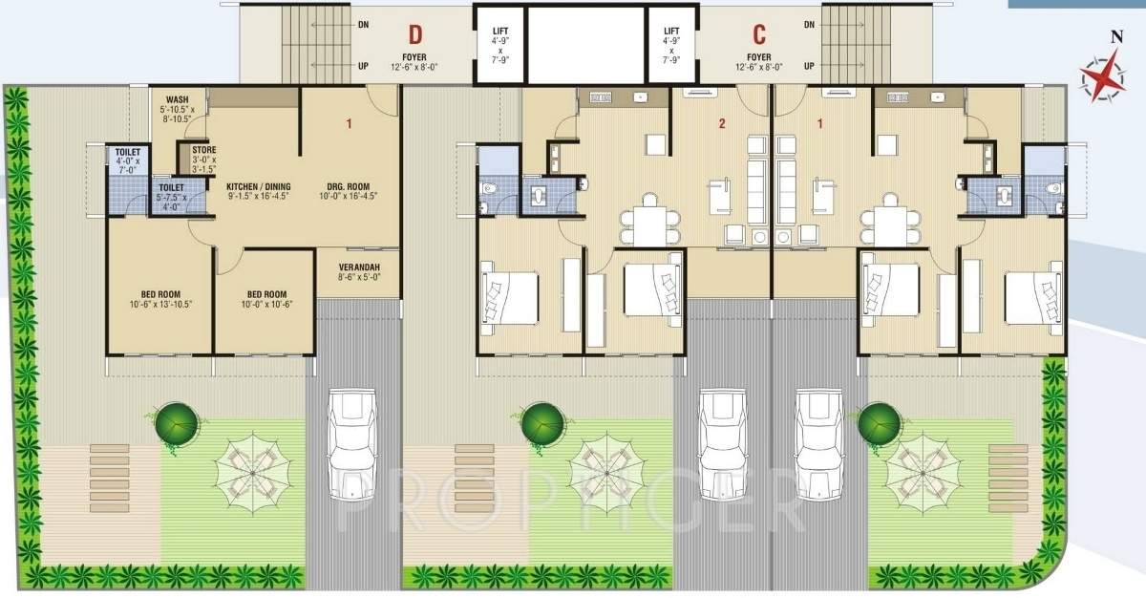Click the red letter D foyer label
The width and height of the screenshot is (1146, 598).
[415, 35]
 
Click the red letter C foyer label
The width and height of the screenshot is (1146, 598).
[759, 35]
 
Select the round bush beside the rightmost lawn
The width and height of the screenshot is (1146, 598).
[879, 421]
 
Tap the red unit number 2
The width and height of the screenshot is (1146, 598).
[723, 123]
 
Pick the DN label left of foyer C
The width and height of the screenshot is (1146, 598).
[808, 25]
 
